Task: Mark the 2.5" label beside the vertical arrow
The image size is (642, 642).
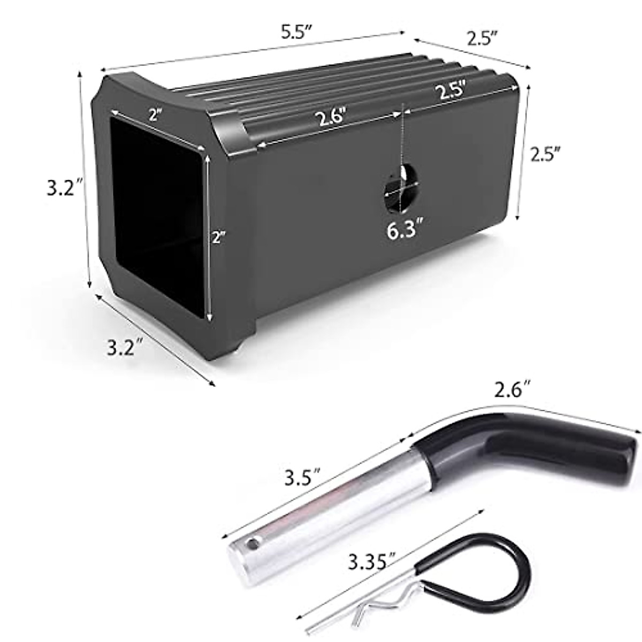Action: pyautogui.click(x=545, y=155)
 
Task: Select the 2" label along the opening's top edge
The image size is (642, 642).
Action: pyautogui.click(x=156, y=115)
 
